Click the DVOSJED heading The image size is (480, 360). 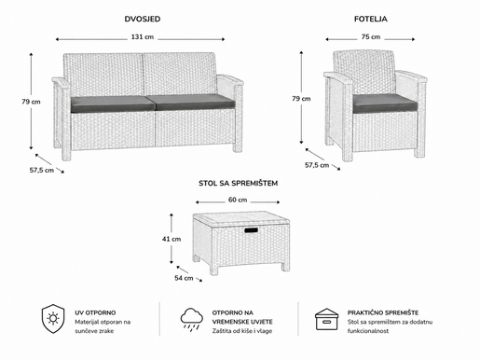[143, 19]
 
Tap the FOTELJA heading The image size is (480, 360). [371, 19]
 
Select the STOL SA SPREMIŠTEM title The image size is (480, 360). [238, 184]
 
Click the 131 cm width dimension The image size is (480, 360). [143, 37]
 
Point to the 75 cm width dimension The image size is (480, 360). [371, 37]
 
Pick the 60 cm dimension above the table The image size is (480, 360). [238, 200]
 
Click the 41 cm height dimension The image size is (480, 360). [171, 239]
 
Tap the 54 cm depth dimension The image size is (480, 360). [184, 278]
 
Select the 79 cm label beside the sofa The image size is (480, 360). [31, 102]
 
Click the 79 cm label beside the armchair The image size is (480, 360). [301, 99]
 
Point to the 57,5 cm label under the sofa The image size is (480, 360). [42, 171]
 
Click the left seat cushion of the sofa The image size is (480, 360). [112, 104]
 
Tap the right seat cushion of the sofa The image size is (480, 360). [195, 102]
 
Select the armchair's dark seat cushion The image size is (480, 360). [385, 104]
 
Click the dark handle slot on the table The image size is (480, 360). [251, 230]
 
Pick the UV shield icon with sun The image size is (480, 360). [53, 319]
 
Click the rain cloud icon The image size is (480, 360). [192, 318]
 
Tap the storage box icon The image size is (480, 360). [326, 319]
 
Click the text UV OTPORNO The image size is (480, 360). [95, 312]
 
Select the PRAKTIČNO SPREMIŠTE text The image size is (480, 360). [383, 312]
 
